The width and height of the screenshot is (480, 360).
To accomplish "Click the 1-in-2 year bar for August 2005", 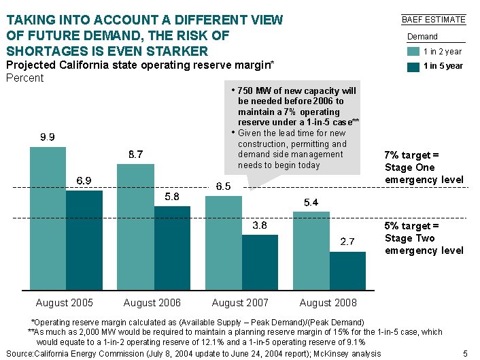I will click(x=48, y=218).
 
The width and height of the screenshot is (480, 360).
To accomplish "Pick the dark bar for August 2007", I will click(x=260, y=261).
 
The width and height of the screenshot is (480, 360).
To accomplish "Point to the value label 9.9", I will click(x=48, y=137).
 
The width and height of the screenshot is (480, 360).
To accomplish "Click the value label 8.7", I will click(x=135, y=154).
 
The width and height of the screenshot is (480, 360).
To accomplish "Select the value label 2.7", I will click(x=347, y=242).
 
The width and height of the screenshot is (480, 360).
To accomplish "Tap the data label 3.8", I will click(x=260, y=225).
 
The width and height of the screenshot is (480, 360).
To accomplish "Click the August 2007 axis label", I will click(x=240, y=302).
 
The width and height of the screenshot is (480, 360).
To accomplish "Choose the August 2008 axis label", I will click(x=328, y=302).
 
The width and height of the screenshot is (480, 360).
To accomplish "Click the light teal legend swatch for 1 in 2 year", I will click(x=413, y=51).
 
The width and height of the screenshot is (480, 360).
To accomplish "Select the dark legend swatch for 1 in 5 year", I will click(x=413, y=66).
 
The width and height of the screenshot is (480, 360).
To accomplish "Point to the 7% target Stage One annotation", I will click(x=424, y=167).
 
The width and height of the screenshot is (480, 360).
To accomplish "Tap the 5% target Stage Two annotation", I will click(x=424, y=238).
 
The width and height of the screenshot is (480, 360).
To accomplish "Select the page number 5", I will click(x=465, y=353).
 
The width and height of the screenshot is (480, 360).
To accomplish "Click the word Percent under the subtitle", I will click(x=24, y=78).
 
